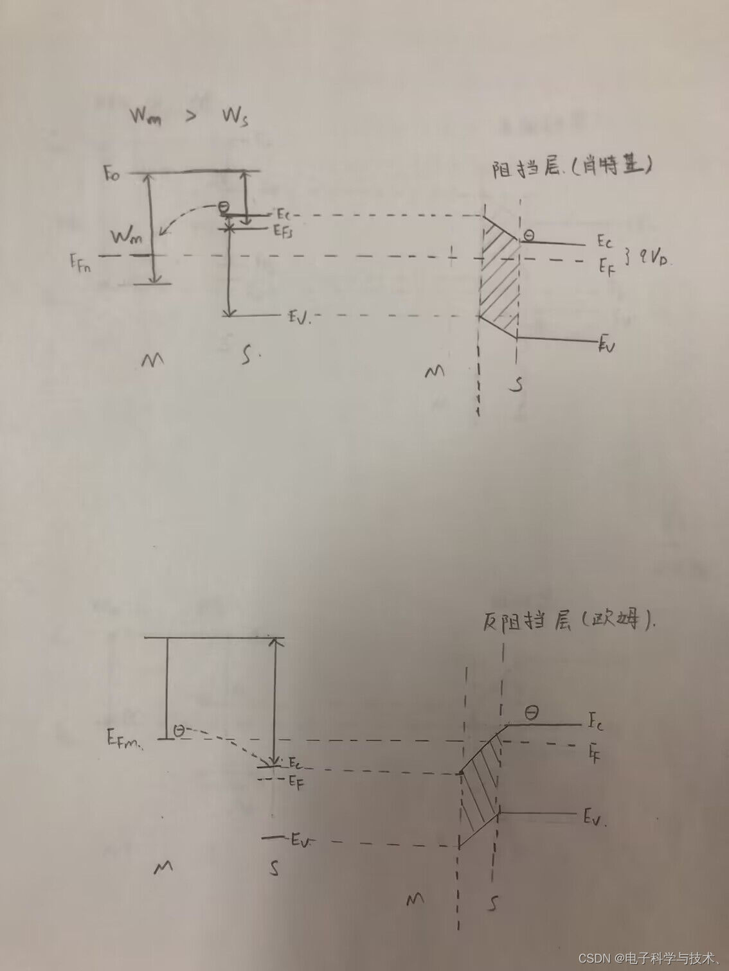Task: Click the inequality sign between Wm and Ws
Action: (x=190, y=119)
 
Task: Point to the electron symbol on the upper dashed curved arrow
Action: (x=222, y=207)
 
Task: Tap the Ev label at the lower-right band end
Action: (x=594, y=818)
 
